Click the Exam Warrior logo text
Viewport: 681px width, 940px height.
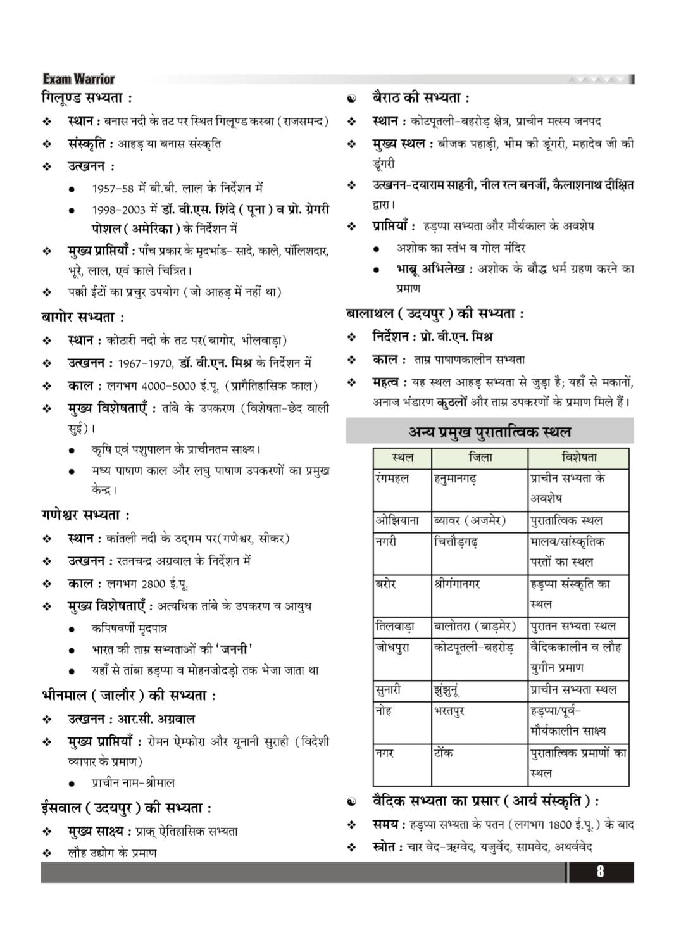[79, 79]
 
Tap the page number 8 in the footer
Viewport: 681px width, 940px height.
[599, 871]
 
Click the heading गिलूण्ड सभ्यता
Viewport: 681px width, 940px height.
[87, 99]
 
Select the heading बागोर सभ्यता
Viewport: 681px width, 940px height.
[83, 316]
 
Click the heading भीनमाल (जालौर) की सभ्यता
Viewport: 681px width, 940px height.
[128, 696]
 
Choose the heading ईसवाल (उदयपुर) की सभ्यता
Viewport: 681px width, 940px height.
[126, 808]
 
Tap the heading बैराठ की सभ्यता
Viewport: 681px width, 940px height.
[420, 99]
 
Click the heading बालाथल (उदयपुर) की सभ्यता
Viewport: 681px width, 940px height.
[435, 314]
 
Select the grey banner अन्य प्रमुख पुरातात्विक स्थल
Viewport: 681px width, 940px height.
[489, 432]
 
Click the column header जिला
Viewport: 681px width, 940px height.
[480, 458]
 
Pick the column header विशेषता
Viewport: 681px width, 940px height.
[578, 458]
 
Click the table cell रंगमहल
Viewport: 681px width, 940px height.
[392, 479]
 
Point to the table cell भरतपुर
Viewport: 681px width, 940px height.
[449, 711]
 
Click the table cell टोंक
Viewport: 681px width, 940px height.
[443, 753]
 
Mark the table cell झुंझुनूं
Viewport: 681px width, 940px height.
[447, 690]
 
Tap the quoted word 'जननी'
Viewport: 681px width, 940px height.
[235, 649]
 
